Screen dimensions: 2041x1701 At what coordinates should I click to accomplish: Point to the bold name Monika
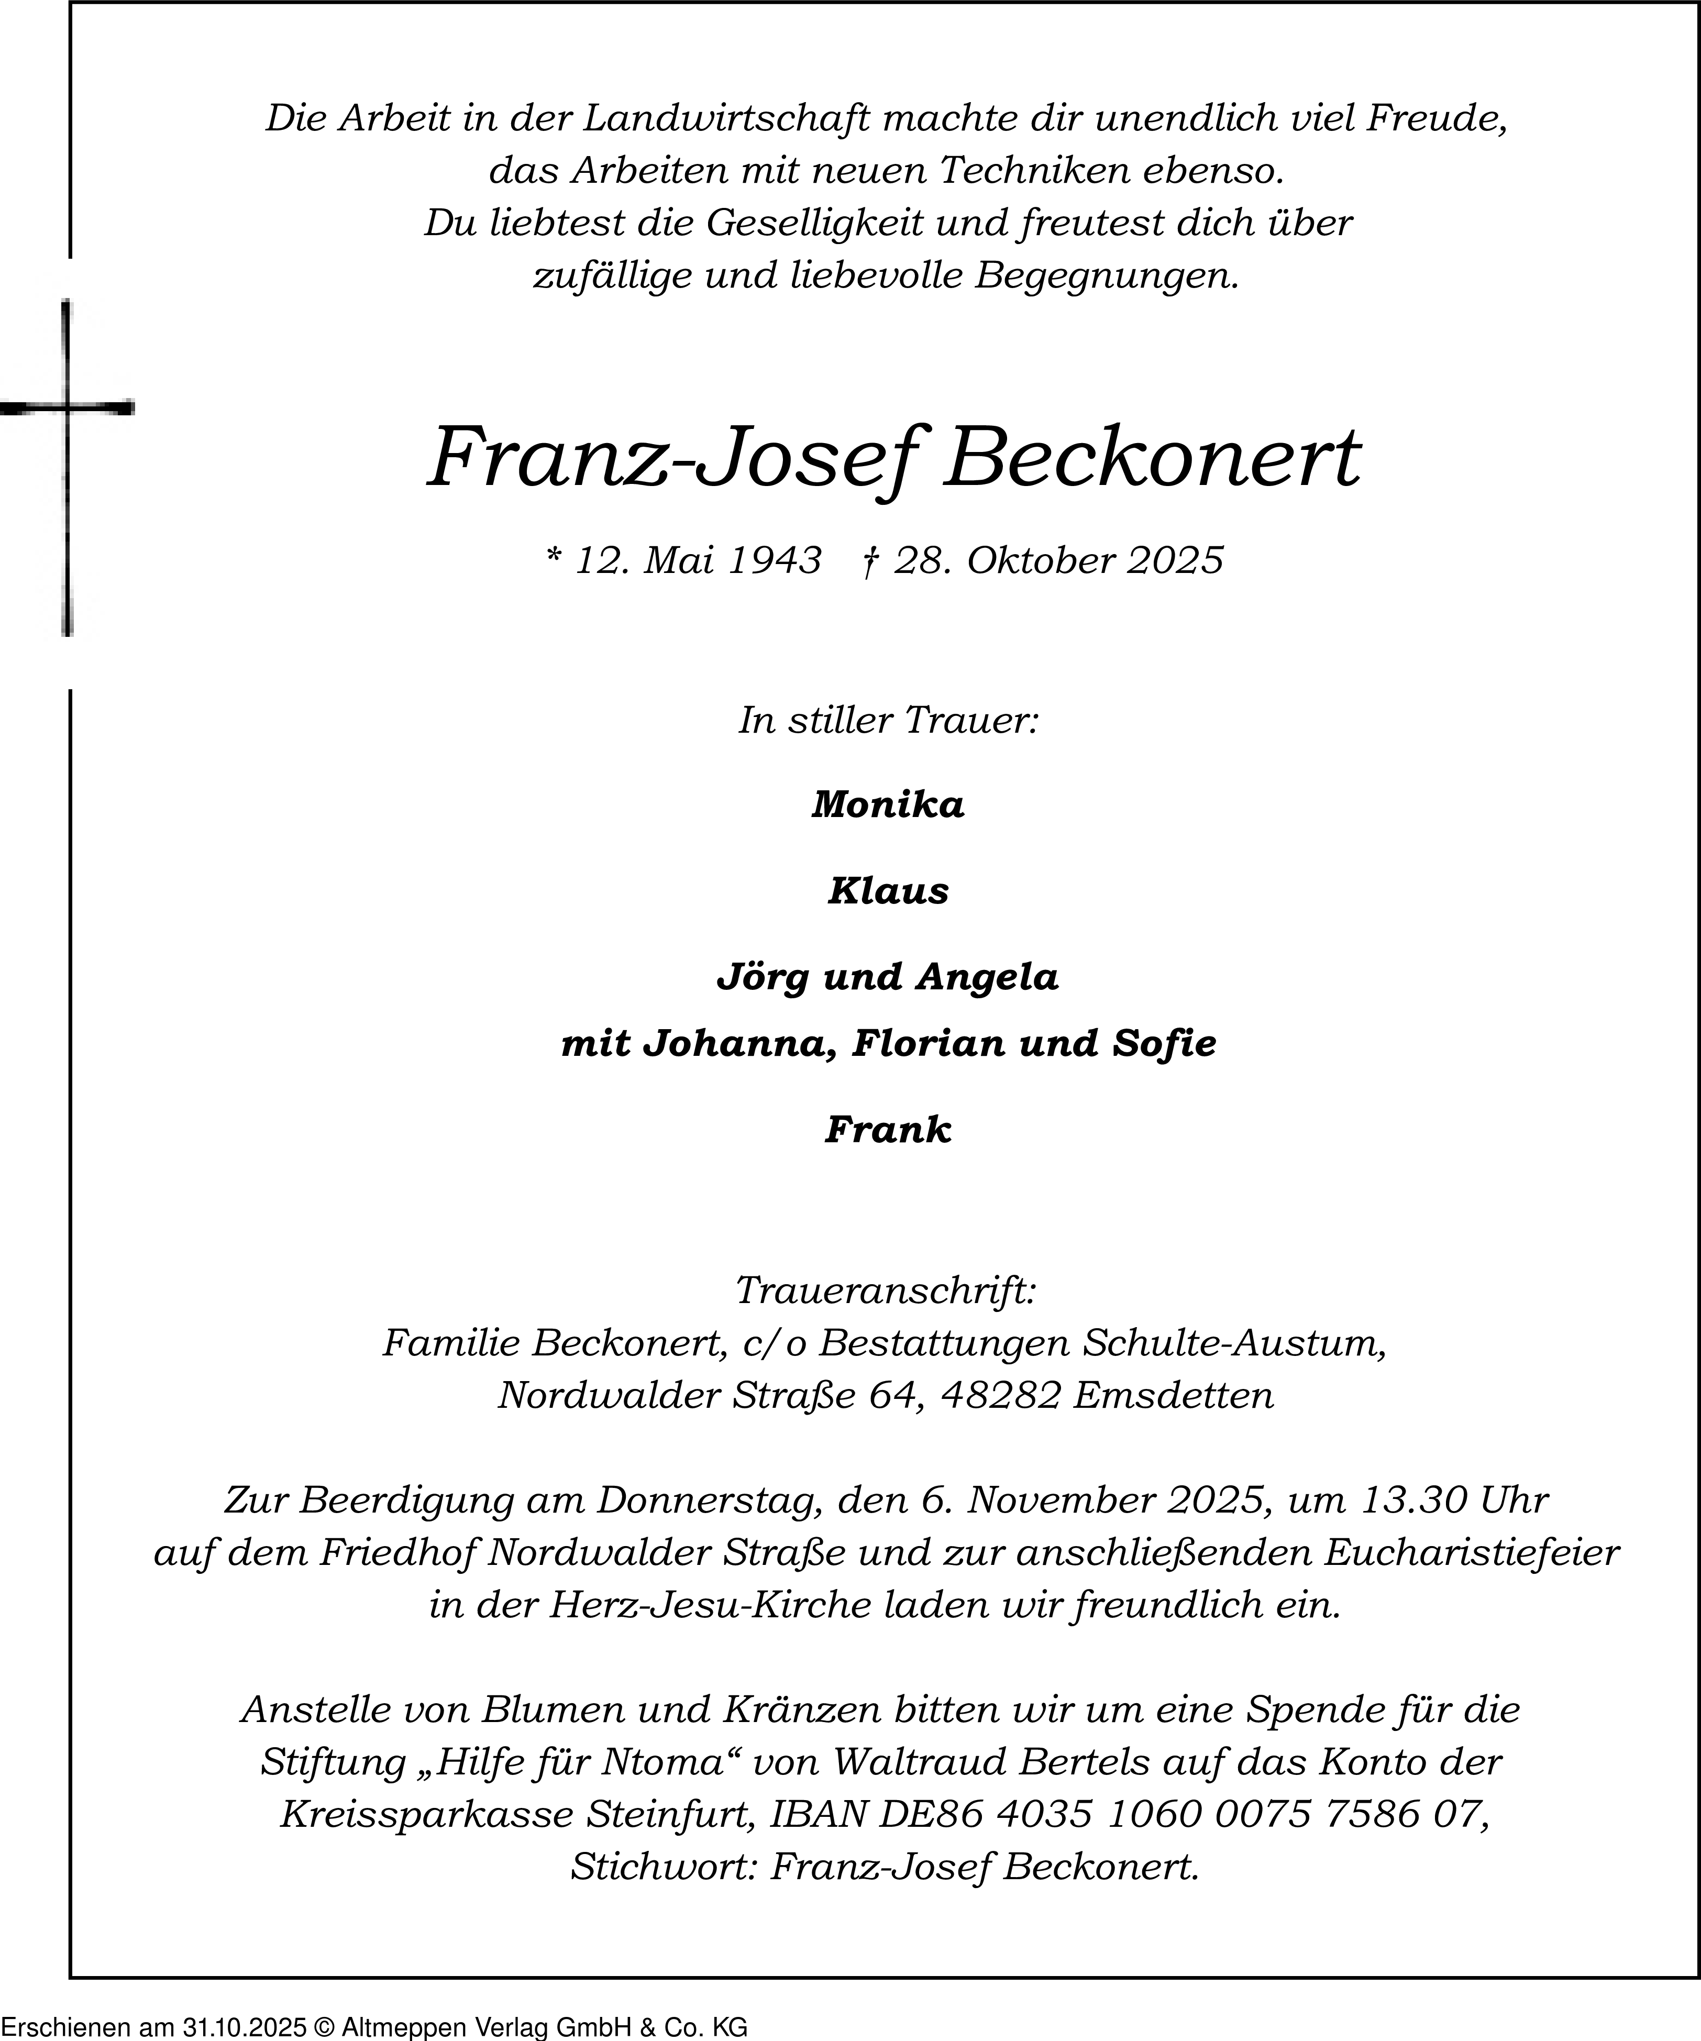[888, 805]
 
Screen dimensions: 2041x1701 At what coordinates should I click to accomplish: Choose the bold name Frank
[888, 1129]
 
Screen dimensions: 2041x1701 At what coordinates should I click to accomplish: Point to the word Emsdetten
[1173, 1396]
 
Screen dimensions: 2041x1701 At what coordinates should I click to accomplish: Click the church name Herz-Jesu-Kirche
[710, 1605]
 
